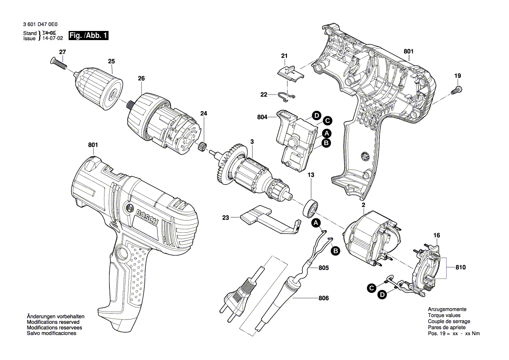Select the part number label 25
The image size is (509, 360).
click(111, 61)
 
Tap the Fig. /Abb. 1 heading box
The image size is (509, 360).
click(88, 35)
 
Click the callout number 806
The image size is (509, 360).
click(324, 298)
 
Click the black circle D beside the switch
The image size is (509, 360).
click(316, 116)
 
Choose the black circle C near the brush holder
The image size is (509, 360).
click(371, 288)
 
